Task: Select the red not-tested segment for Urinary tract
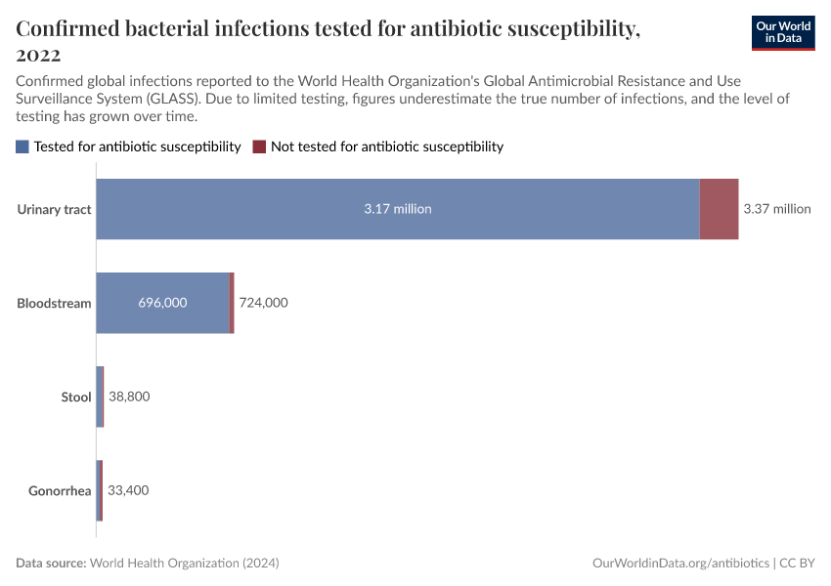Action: [719, 209]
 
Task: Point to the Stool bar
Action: [100, 397]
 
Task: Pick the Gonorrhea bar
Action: [99, 490]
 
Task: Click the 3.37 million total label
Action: [777, 209]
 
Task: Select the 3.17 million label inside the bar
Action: [398, 209]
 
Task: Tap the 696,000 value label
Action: [162, 303]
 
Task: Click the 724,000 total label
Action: [263, 303]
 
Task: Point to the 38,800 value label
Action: [129, 397]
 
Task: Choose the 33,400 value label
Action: [128, 490]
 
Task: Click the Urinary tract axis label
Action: [55, 209]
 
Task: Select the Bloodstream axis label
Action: [54, 303]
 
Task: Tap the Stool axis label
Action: [75, 397]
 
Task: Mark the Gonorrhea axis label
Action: [60, 490]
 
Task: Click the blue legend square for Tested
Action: [22, 146]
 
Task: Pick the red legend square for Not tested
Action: [259, 146]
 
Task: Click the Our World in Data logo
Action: [782, 32]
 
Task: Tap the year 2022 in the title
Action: [38, 55]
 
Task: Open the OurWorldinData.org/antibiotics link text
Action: [680, 564]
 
